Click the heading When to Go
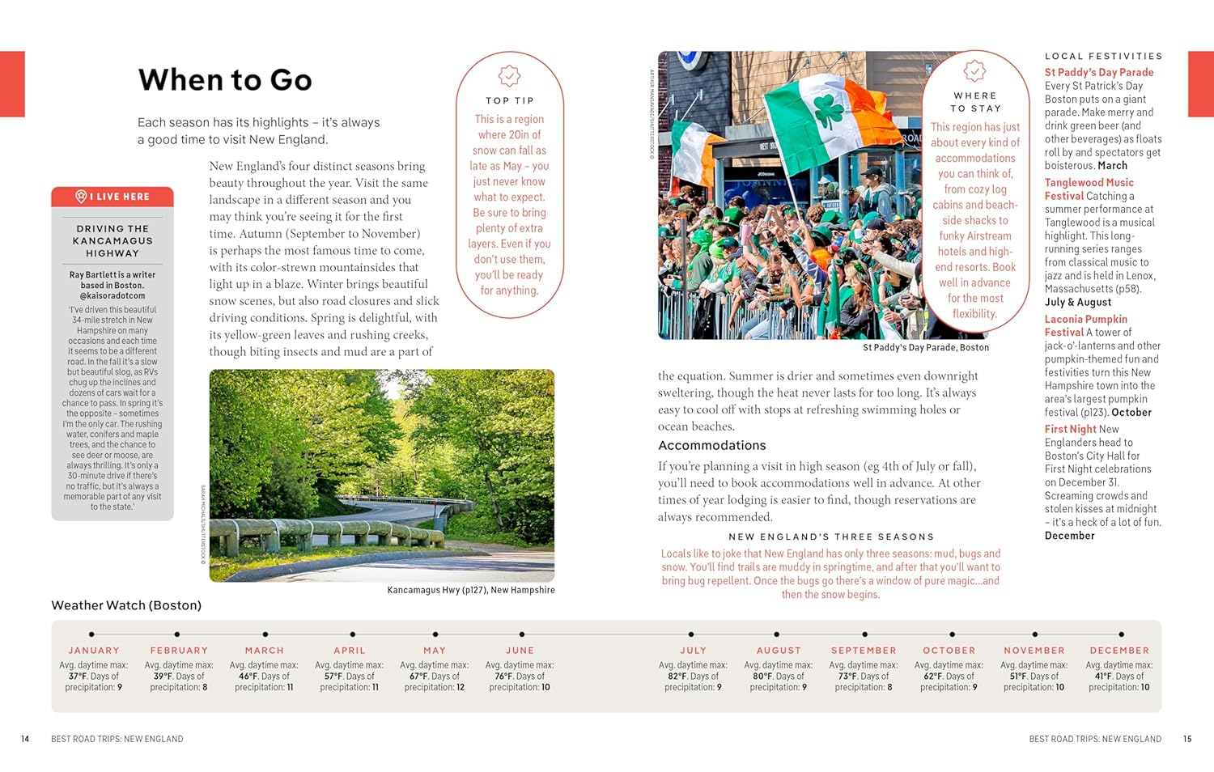(225, 80)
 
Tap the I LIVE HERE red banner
(112, 197)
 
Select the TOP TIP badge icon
(509, 76)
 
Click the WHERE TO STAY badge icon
(974, 70)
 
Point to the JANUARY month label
(94, 651)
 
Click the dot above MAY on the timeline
(435, 634)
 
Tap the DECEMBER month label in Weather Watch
(1119, 651)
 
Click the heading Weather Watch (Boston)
(126, 605)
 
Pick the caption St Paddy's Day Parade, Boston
(926, 348)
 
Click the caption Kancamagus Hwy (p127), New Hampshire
(471, 590)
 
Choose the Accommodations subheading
(711, 446)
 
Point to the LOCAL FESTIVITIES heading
(1103, 57)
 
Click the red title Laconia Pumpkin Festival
(1085, 325)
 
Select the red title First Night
(1070, 430)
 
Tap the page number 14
(25, 739)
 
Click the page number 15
(1187, 739)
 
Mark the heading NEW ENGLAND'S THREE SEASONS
(830, 537)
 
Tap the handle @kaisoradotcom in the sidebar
(112, 296)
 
